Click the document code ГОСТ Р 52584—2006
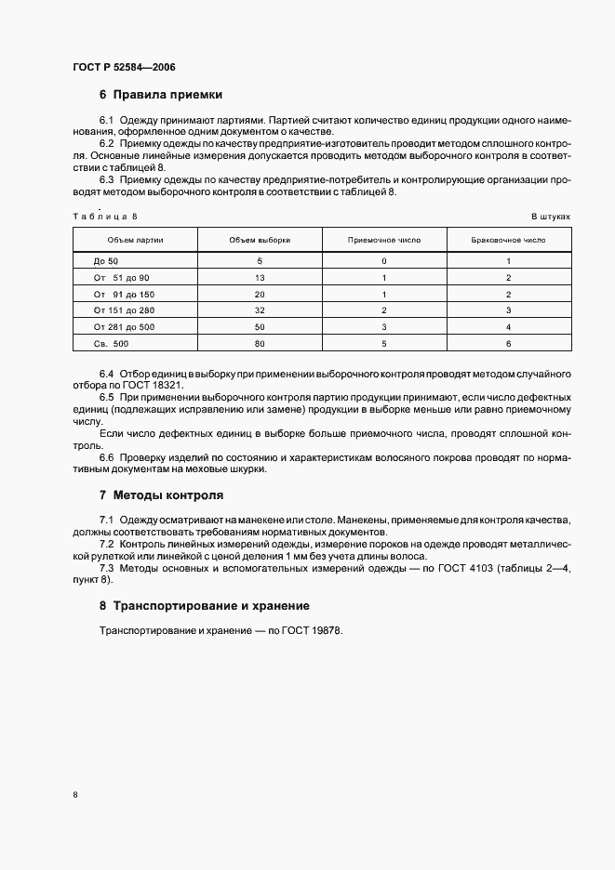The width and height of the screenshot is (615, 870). [124, 68]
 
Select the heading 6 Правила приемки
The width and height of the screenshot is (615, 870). [160, 95]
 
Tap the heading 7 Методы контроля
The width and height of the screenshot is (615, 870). [161, 495]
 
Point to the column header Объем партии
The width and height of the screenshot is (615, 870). [136, 240]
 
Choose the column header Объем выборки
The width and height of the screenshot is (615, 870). [260, 240]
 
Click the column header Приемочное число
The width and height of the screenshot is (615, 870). [384, 240]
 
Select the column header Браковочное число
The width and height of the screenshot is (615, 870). [508, 240]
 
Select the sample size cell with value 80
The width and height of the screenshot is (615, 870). [260, 344]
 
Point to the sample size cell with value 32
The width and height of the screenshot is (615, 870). [260, 310]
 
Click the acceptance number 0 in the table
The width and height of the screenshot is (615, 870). [384, 261]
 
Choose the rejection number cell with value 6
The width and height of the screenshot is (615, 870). [508, 344]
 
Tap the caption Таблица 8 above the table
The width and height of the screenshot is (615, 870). [104, 217]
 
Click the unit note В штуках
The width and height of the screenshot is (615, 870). [550, 217]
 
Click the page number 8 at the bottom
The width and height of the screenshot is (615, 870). [74, 794]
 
